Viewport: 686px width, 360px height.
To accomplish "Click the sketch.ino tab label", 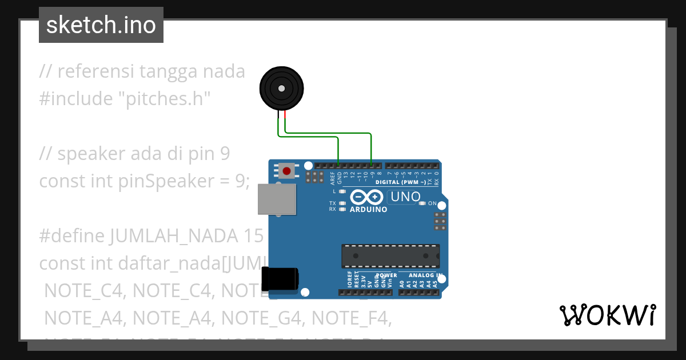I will pyautogui.click(x=101, y=25).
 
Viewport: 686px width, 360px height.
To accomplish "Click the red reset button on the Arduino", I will pyautogui.click(x=287, y=170).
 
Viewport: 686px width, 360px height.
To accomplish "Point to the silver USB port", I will pyautogui.click(x=277, y=199).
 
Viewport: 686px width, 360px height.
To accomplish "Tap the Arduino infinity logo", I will pyautogui.click(x=366, y=198).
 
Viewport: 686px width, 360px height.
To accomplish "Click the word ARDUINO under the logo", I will pyautogui.click(x=368, y=210).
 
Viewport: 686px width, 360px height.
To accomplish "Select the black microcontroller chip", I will pyautogui.click(x=391, y=255).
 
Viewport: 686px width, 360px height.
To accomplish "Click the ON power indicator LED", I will pyautogui.click(x=422, y=203).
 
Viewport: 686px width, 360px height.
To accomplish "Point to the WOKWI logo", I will pyautogui.click(x=607, y=315).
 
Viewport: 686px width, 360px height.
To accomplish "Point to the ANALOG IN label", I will pyautogui.click(x=425, y=275).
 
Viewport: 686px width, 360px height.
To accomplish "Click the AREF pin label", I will pyautogui.click(x=333, y=179).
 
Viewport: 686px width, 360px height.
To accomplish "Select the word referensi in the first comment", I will pyautogui.click(x=96, y=71).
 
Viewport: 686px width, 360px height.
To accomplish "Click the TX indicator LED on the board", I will pyautogui.click(x=342, y=203).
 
